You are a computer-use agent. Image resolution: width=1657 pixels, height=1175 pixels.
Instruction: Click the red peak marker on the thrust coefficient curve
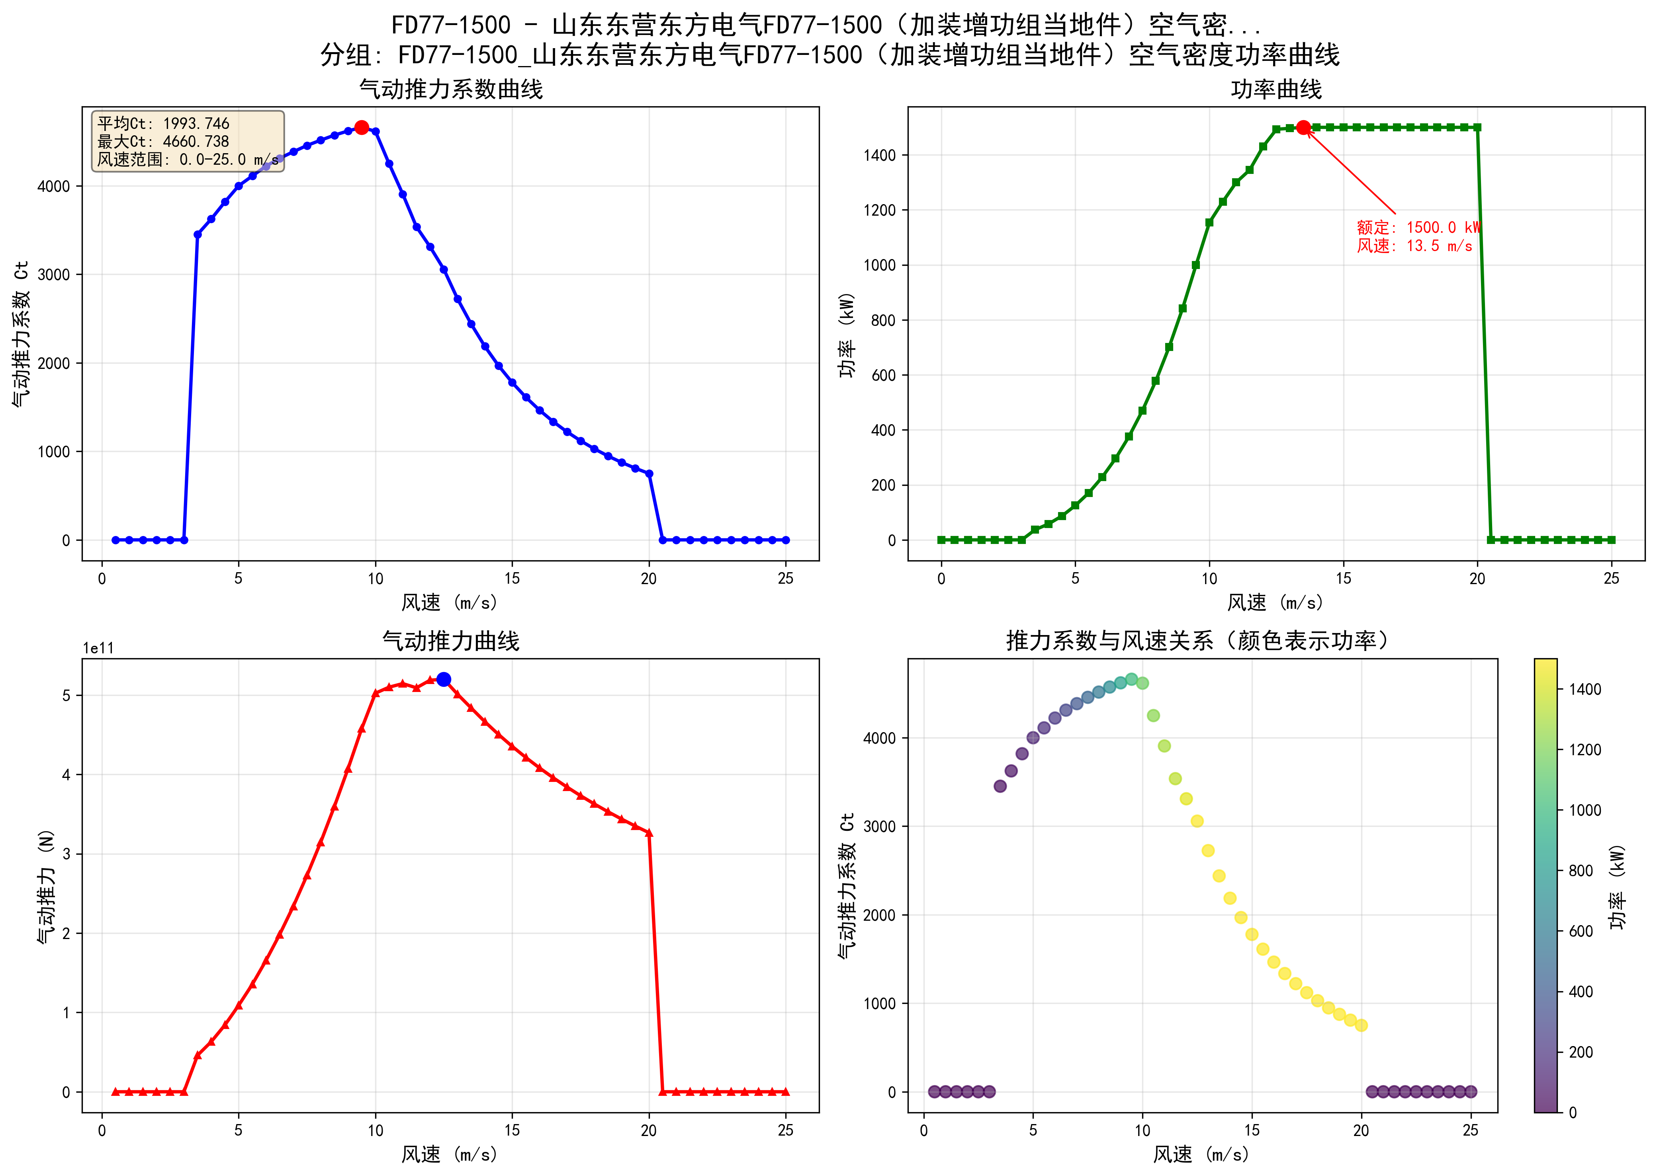[361, 127]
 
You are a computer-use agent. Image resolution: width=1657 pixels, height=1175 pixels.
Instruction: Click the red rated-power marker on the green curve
[1303, 127]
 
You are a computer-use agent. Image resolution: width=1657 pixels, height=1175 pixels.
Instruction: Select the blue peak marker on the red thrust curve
[444, 679]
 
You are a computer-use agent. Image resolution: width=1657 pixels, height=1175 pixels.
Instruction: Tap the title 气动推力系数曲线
[451, 90]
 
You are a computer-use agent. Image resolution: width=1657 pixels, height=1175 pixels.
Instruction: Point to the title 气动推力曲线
[451, 641]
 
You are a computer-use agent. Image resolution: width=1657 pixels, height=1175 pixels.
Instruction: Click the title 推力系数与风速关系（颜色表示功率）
[1197, 641]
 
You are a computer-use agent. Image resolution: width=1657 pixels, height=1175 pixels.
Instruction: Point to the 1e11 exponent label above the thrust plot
[98, 648]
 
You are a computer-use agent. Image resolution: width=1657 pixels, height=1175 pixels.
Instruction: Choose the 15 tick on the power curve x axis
[1343, 579]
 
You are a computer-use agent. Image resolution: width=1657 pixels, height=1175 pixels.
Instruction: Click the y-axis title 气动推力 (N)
[46, 886]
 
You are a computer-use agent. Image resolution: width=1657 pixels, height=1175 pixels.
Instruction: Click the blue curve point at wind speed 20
[649, 474]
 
